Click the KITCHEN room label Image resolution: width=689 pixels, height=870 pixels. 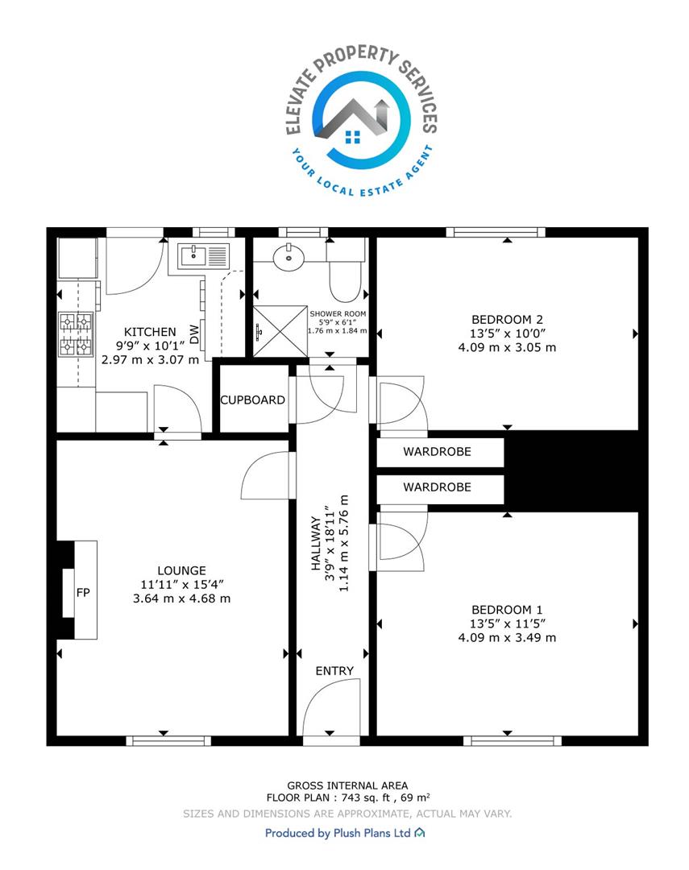click(150, 332)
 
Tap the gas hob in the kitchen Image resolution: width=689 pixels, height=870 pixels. click(76, 334)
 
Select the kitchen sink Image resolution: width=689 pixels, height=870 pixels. click(203, 257)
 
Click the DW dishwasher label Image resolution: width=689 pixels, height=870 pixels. click(193, 334)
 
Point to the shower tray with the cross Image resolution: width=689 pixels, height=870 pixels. click(280, 331)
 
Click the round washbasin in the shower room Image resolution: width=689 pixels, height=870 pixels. click(288, 257)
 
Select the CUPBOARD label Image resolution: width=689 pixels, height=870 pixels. click(252, 400)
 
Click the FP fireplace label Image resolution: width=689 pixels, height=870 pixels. click(83, 593)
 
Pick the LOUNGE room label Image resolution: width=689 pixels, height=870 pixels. click(181, 570)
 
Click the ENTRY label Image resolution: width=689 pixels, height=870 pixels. click(334, 671)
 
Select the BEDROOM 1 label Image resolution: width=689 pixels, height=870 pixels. click(507, 610)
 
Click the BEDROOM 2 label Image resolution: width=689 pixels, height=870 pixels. click(507, 320)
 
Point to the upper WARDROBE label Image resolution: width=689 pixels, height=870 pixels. click(437, 452)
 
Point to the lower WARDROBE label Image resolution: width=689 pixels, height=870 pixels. click(437, 487)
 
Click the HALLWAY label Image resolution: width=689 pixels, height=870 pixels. click(316, 543)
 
